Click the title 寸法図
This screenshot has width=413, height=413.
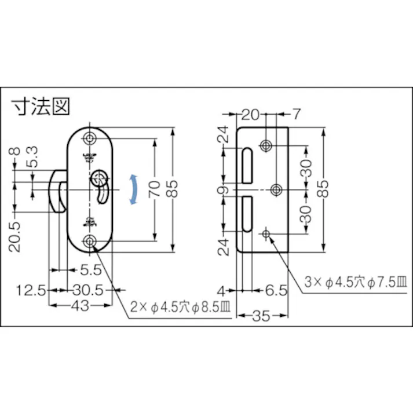coord(41,108)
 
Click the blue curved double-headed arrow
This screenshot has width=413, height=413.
coord(134,189)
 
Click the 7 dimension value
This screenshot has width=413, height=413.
coord(296,114)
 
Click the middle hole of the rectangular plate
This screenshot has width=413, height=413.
coord(276,189)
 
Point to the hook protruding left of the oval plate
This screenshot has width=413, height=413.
coord(59,191)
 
